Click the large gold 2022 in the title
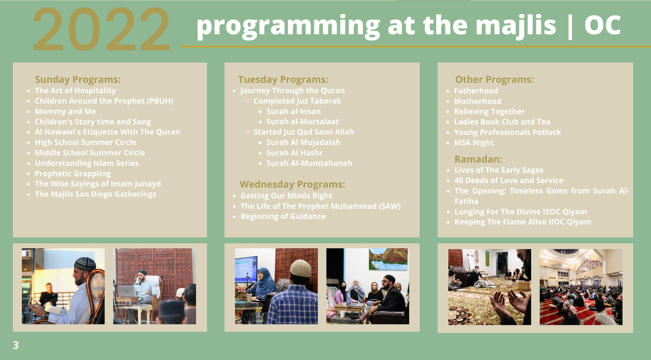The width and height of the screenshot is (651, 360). click(102, 29)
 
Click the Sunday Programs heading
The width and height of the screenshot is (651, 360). click(78, 79)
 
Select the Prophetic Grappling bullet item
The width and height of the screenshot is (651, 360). click(72, 174)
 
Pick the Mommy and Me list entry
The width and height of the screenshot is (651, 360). click(66, 111)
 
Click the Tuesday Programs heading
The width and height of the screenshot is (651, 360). click(283, 79)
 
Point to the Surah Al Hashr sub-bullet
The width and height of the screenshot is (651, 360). click(294, 153)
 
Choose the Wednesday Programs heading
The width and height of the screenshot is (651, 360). click(292, 185)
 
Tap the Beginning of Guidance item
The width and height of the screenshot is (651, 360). click(283, 216)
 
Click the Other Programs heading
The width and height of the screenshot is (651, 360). click(494, 79)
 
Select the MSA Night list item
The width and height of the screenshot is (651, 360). click(474, 143)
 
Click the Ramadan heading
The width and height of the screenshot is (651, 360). click(478, 159)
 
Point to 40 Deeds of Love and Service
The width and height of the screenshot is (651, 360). click(509, 181)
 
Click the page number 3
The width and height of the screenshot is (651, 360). click(16, 345)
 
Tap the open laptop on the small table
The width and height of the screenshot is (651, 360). click(127, 291)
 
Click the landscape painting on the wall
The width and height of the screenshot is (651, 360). click(388, 259)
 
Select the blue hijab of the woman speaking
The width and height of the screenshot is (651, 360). click(265, 281)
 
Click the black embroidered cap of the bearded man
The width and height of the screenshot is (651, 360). click(85, 264)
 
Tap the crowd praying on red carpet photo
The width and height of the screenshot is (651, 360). click(581, 287)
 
